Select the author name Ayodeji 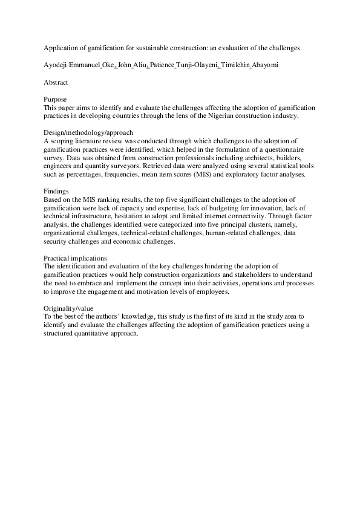click(x=59, y=63)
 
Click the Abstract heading click(x=56, y=81)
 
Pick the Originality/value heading click(x=68, y=308)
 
